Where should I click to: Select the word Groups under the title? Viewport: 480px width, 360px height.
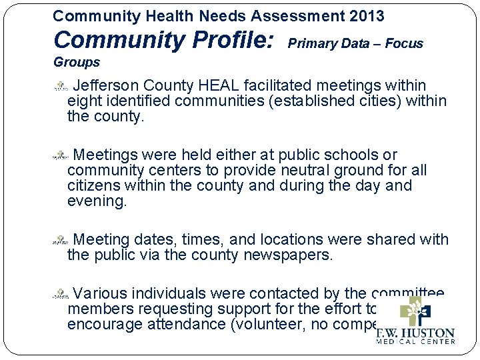76,63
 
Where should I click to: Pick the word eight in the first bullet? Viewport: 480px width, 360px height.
82,101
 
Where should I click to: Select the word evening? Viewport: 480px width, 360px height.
97,201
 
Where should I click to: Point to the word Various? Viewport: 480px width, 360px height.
100,293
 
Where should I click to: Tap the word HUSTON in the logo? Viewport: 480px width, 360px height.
426,333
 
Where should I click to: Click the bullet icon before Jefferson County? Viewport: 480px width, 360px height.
61,86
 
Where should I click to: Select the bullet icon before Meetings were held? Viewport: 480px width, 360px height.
61,155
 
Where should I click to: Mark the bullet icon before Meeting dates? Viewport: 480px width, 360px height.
61,239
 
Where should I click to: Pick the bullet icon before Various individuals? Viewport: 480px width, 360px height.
61,293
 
